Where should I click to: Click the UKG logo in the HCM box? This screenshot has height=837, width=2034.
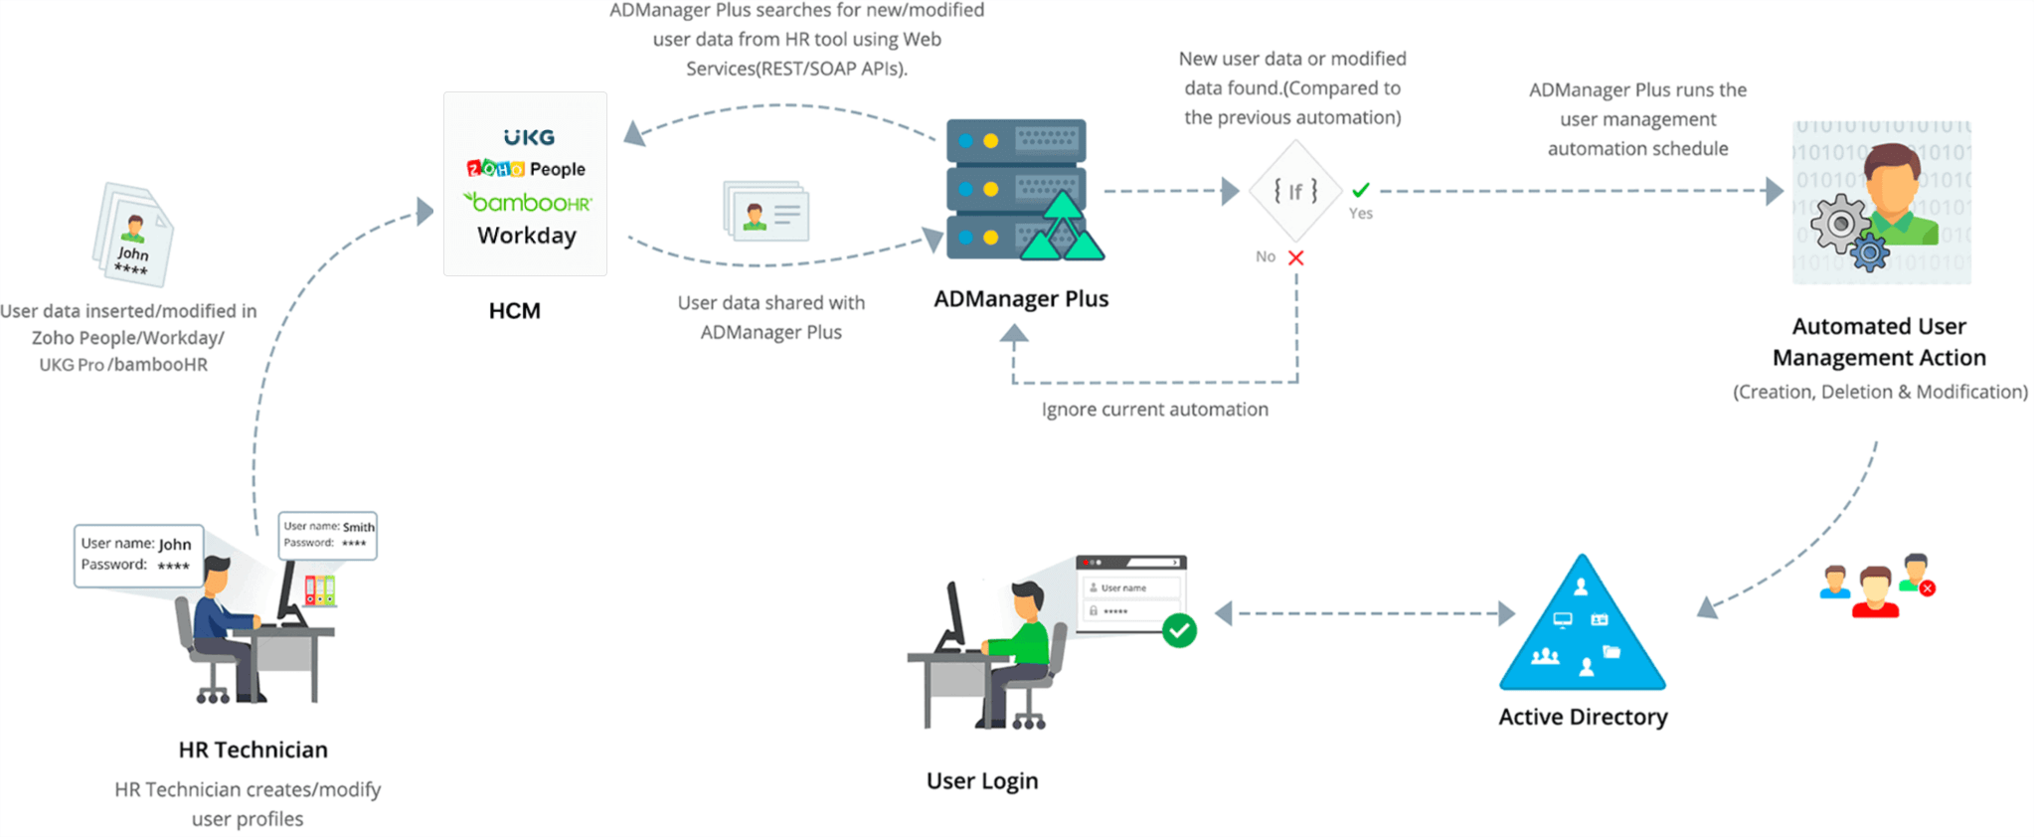(x=528, y=137)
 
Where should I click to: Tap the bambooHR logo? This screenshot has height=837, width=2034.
(x=528, y=202)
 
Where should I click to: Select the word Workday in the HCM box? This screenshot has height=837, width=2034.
(x=527, y=236)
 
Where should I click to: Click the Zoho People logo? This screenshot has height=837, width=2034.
(x=526, y=169)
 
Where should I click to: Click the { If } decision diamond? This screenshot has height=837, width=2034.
(x=1295, y=191)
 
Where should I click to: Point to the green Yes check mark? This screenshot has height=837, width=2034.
(x=1361, y=190)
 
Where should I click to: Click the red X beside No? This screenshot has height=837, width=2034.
(x=1295, y=257)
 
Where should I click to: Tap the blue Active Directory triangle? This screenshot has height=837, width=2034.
(x=1582, y=626)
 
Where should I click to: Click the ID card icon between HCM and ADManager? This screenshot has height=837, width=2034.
(x=765, y=211)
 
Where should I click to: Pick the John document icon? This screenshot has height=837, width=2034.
(x=133, y=236)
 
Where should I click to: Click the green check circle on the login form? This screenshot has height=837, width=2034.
(x=1179, y=630)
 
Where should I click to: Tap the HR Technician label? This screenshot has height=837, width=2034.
(x=253, y=750)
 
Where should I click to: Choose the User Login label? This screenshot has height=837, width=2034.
(x=982, y=781)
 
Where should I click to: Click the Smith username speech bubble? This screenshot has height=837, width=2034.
(x=328, y=534)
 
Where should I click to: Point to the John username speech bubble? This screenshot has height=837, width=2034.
(x=138, y=555)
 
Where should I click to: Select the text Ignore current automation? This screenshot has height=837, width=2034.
(x=1154, y=410)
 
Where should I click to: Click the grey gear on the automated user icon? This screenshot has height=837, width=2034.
(x=1838, y=224)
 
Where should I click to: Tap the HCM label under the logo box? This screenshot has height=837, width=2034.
(x=514, y=311)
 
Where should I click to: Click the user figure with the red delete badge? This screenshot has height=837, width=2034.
(x=1916, y=574)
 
